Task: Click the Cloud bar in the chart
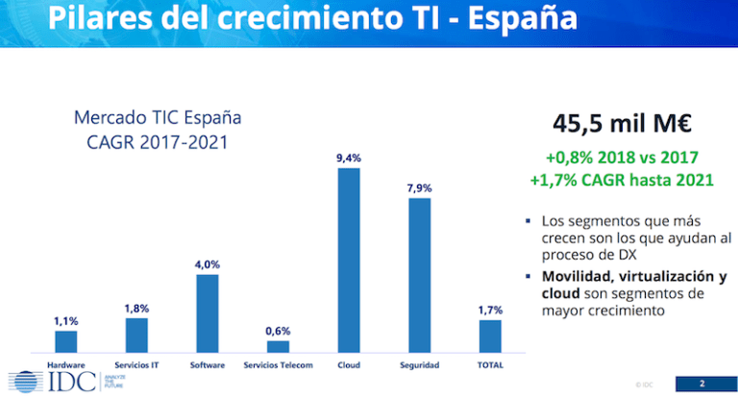[348, 260]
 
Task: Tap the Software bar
[208, 313]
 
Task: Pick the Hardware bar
[65, 341]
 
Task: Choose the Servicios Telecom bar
[278, 346]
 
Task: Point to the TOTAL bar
[490, 335]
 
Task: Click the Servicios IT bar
[136, 334]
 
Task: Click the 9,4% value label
[348, 157]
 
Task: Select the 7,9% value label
[419, 187]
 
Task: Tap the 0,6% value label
[278, 331]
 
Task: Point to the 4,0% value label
[208, 264]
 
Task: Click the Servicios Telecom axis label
[278, 366]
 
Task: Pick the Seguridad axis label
[419, 366]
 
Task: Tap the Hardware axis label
[65, 366]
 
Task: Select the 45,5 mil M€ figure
[621, 123]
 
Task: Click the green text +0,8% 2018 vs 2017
[621, 157]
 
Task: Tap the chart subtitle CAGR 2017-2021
[158, 144]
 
